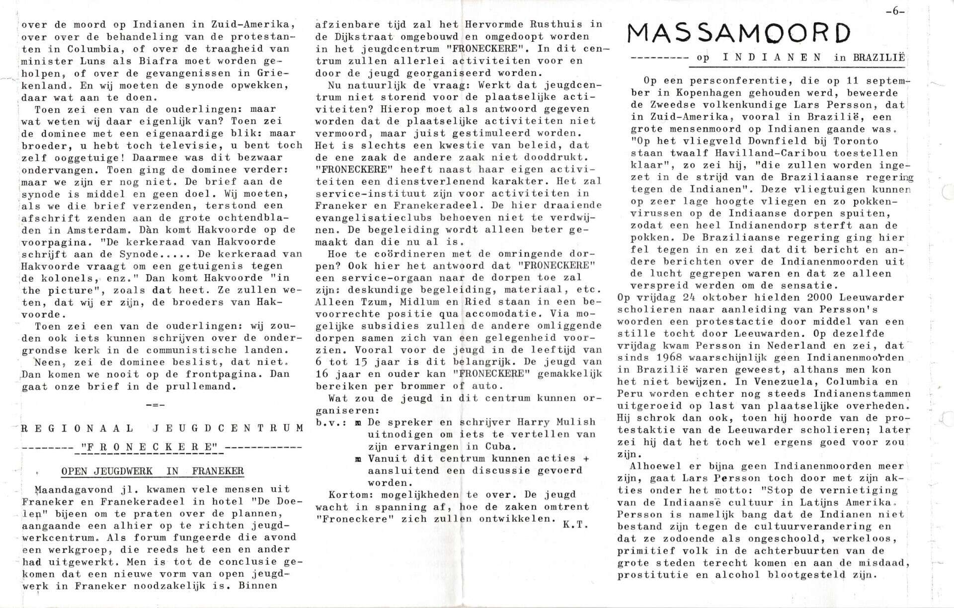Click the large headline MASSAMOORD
[x=739, y=34]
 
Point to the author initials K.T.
[x=576, y=525]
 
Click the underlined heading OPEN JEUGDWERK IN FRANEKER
[x=152, y=471]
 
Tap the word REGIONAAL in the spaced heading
[x=78, y=428]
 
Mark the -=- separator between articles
[x=156, y=405]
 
